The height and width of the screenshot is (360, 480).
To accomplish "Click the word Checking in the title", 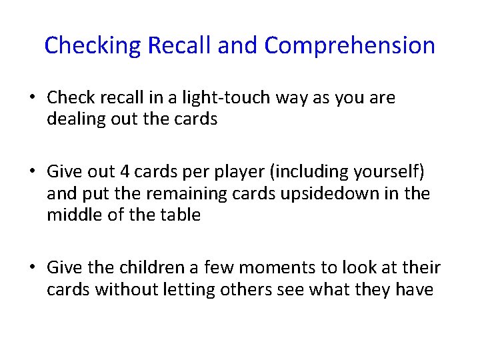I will pyautogui.click(x=93, y=46).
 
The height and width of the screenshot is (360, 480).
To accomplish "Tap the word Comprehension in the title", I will pyautogui.click(x=349, y=46).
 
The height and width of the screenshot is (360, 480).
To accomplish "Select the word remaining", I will pyautogui.click(x=181, y=194).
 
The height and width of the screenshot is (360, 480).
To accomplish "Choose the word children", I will pyautogui.click(x=151, y=268).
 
